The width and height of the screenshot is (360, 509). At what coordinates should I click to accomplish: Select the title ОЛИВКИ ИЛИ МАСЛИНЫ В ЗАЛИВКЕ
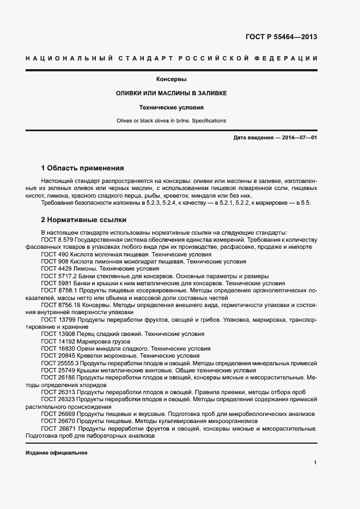tap(171, 94)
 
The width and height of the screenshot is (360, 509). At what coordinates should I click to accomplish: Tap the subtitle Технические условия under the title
tap(171, 108)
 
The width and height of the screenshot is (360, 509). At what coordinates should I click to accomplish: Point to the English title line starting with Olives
tap(171, 120)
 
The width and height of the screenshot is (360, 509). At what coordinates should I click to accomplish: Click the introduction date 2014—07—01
tap(298, 138)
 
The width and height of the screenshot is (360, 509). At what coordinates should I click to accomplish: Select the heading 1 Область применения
tap(83, 168)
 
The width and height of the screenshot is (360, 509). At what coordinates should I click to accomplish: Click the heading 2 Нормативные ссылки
tap(84, 220)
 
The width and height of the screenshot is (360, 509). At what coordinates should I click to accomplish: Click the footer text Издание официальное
tap(56, 453)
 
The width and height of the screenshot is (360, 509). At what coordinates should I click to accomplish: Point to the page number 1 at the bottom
tap(315, 463)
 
